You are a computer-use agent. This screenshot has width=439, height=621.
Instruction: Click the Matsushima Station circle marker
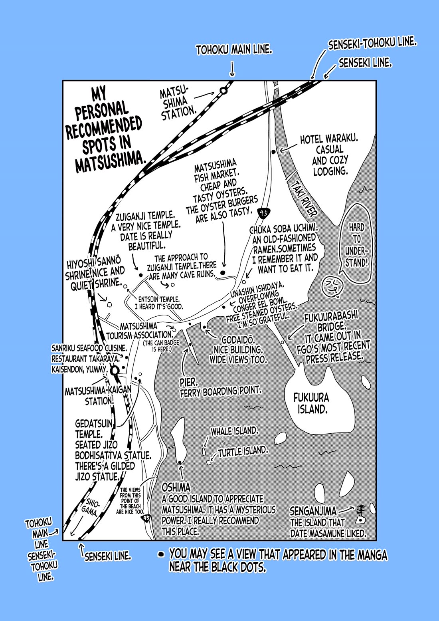223,91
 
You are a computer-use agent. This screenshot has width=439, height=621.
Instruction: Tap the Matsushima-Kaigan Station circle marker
115,371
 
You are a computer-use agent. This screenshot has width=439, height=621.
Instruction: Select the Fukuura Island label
311,403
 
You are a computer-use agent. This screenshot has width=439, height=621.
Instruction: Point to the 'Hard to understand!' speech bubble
357,244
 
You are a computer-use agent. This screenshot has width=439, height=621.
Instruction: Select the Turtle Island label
243,452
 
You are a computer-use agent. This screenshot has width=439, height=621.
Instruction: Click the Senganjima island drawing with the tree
361,515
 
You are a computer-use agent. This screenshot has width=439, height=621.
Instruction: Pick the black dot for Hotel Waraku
273,152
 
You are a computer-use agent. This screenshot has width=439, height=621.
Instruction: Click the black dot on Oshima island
180,462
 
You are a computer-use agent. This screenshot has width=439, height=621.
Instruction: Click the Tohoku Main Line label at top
234,50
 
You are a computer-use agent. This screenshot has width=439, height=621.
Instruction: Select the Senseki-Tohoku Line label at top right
372,43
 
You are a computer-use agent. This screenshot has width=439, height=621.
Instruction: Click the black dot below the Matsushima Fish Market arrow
223,273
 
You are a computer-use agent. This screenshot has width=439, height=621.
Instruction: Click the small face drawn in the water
330,287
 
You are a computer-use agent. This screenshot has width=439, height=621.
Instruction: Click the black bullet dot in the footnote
161,554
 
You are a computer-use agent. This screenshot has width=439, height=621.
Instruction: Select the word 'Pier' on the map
188,383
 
